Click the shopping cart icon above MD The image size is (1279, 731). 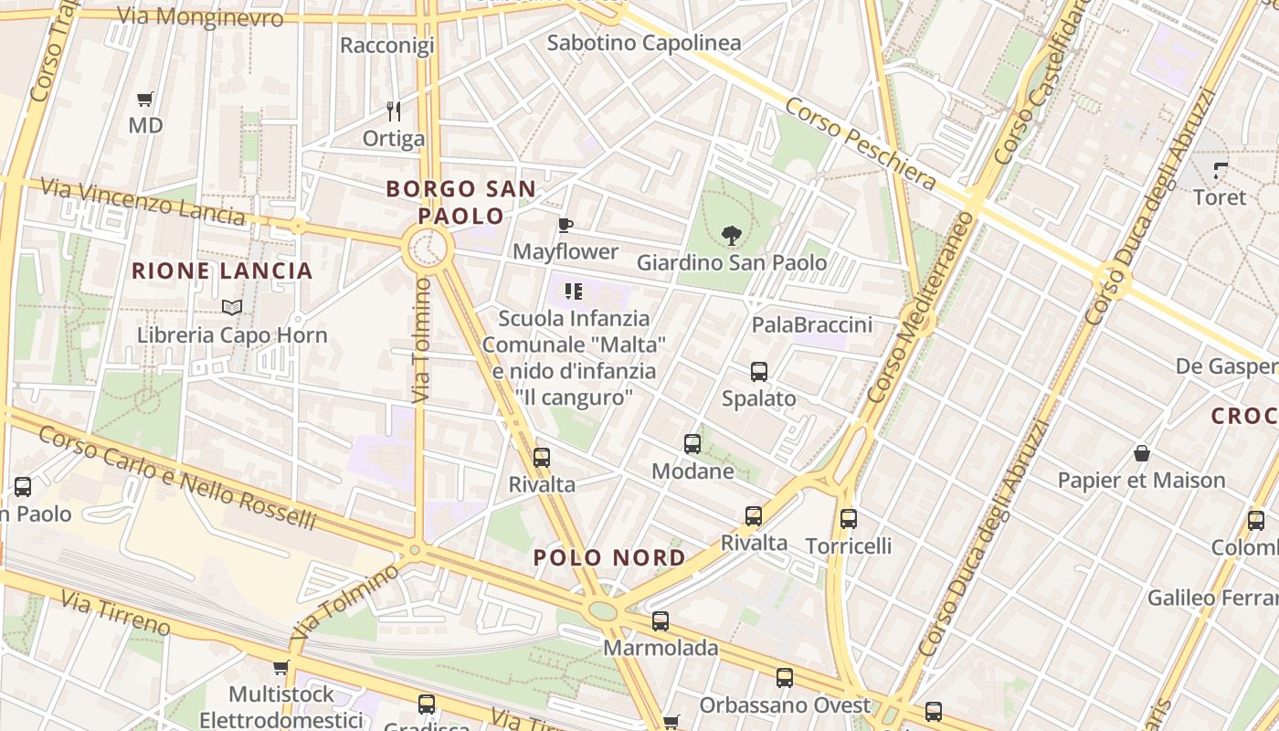tap(144, 99)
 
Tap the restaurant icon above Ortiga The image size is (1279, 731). tap(394, 111)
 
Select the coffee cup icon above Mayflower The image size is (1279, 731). tap(566, 225)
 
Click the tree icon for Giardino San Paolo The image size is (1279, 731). tap(731, 236)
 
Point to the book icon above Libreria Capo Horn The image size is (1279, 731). tap(232, 308)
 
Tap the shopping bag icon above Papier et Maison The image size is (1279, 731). tap(1141, 453)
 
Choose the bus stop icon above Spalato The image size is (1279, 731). tap(758, 372)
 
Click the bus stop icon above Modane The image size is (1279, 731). tap(692, 444)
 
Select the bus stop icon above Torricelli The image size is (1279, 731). tap(848, 519)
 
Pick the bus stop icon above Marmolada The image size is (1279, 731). tap(660, 621)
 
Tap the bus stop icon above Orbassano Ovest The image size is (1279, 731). tap(784, 678)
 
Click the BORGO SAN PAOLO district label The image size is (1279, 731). tap(460, 202)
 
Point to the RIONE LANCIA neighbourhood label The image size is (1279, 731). tap(222, 270)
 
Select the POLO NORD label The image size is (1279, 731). tap(609, 557)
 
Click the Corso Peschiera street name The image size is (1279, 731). tap(860, 143)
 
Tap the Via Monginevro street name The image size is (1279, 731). tap(200, 16)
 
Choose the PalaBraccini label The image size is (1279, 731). tap(811, 324)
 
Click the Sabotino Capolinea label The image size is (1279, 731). tap(643, 42)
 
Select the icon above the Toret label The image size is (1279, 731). tap(1220, 170)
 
